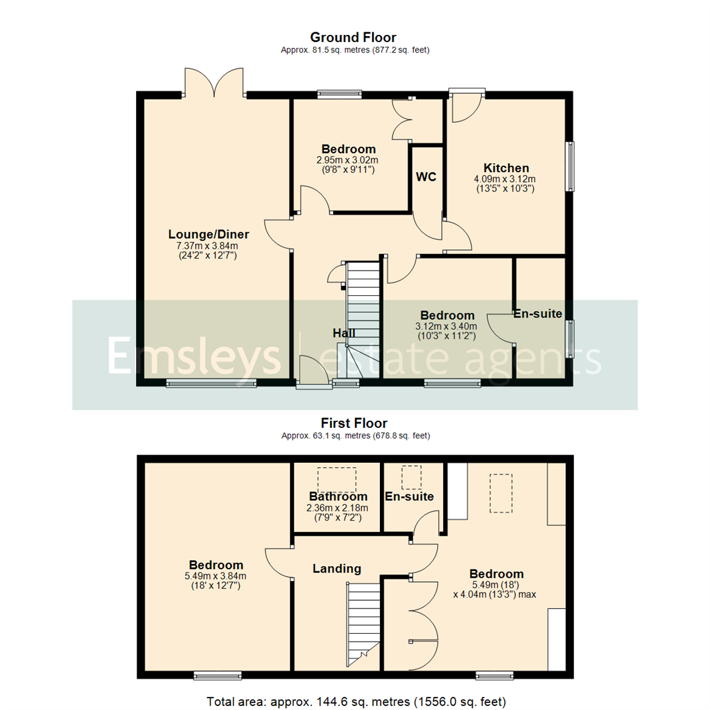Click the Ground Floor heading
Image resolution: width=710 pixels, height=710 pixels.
[x=353, y=37]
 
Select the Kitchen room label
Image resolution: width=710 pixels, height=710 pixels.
[x=506, y=168]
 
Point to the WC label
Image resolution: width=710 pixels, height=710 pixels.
[x=426, y=177]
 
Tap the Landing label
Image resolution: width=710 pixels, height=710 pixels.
[x=337, y=568]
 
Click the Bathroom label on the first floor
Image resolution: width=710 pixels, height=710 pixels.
[x=338, y=496]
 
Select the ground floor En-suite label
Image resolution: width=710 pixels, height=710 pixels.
[x=538, y=314]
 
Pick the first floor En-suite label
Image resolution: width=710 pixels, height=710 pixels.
[x=409, y=496]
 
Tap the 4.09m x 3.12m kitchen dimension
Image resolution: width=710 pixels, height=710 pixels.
[x=505, y=178]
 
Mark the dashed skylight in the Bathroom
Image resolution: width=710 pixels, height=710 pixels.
[x=337, y=479]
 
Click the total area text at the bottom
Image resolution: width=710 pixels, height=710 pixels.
[x=356, y=701]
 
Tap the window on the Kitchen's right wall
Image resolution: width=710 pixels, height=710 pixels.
[x=571, y=166]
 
